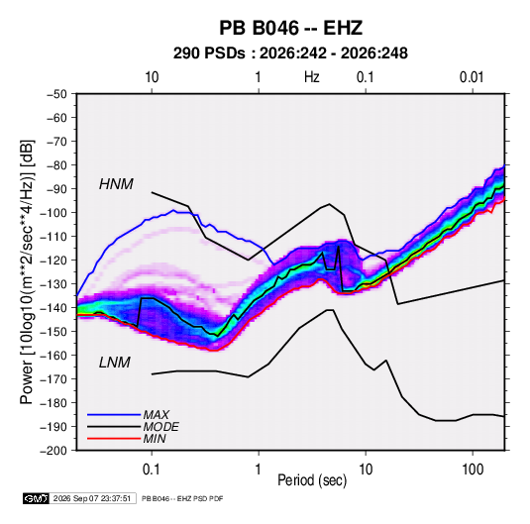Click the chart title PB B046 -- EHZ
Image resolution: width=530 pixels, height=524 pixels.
click(290, 28)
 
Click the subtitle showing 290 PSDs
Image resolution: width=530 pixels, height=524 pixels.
click(290, 53)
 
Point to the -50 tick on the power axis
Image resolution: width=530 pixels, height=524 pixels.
click(56, 94)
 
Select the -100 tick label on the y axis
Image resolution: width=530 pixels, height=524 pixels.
click(53, 213)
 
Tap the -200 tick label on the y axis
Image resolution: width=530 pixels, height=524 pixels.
click(53, 451)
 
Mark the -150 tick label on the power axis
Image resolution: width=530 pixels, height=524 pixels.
click(53, 332)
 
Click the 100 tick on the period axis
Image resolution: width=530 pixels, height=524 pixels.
click(473, 469)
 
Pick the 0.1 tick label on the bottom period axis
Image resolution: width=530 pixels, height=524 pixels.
click(152, 469)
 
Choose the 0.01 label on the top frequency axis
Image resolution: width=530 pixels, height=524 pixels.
click(472, 77)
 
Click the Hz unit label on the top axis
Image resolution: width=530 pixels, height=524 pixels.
click(312, 77)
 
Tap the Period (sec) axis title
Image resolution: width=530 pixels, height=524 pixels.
click(312, 480)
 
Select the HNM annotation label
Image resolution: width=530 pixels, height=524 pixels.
click(116, 184)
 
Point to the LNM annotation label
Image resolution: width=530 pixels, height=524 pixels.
click(115, 363)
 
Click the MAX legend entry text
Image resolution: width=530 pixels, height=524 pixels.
click(156, 415)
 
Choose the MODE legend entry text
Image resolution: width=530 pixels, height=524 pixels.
click(160, 427)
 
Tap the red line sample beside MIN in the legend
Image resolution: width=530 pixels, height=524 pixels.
click(114, 439)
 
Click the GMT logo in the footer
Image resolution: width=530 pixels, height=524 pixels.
click(36, 498)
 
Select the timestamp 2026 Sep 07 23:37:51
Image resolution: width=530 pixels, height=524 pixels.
click(92, 498)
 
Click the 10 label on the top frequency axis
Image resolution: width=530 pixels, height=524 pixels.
click(152, 77)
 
